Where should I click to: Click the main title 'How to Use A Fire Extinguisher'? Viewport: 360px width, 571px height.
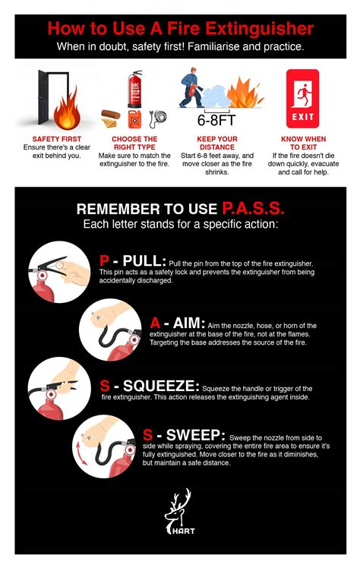[x=180, y=29]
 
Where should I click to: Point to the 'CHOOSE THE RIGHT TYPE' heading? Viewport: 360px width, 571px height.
[x=134, y=144]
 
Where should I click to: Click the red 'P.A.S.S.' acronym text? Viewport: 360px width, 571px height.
[x=254, y=208]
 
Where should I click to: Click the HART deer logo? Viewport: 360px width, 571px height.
[x=180, y=513]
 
